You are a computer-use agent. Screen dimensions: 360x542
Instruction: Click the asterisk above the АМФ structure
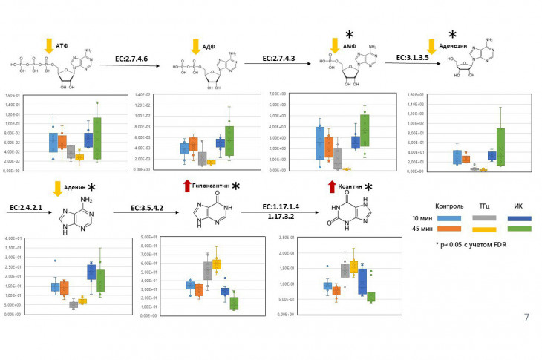point(347,34)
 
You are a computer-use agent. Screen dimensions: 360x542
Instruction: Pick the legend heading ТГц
point(483,206)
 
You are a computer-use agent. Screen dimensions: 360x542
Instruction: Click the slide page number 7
point(526,318)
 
